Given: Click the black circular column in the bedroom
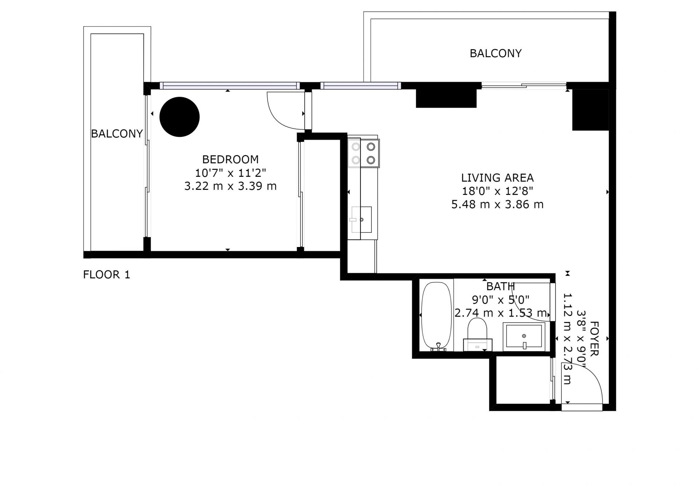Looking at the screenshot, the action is (179, 117).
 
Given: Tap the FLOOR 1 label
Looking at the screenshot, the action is (106, 275).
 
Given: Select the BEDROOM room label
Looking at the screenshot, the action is (230, 159).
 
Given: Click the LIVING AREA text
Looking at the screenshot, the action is (497, 178).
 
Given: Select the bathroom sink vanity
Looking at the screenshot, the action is (524, 336).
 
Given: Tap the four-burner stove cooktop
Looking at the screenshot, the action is (363, 153).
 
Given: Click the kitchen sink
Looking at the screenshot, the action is (361, 219).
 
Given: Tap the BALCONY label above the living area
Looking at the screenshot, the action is (495, 53).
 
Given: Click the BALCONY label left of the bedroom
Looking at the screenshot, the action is (117, 134).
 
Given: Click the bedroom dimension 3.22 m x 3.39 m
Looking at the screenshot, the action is (230, 186).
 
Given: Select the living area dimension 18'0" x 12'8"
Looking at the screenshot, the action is (497, 191).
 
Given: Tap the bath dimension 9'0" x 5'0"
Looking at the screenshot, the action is (501, 300).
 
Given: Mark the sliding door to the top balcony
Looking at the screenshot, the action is (524, 86).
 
